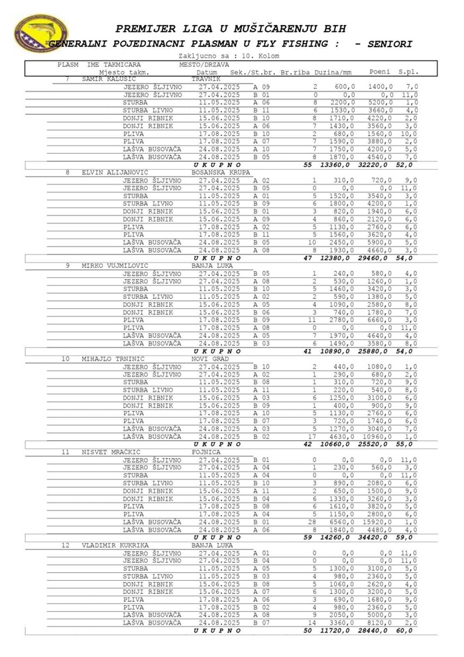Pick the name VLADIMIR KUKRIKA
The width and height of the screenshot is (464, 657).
(114, 546)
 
